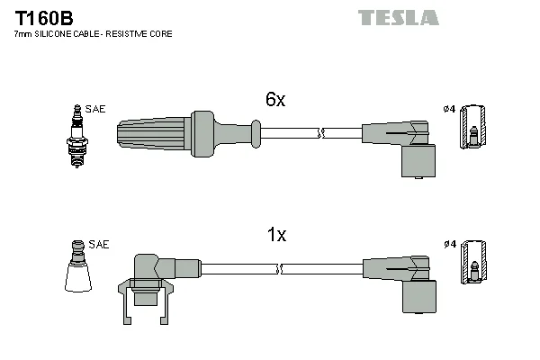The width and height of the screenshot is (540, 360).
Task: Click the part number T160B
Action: (44, 18)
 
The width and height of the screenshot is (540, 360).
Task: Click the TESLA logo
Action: (399, 18)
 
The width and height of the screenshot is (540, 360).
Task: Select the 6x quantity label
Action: (275, 99)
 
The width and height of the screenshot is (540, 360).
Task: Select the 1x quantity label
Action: (276, 235)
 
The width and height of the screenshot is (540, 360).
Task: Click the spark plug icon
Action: (77, 137)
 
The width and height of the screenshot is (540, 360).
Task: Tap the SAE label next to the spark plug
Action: (95, 109)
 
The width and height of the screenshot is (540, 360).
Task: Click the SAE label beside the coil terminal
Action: (98, 244)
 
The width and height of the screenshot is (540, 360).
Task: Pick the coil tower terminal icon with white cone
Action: (78, 266)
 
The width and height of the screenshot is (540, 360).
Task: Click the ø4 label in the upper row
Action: (449, 109)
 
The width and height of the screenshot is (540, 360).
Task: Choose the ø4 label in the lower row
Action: (450, 244)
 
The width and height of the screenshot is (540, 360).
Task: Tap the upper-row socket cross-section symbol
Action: (472, 127)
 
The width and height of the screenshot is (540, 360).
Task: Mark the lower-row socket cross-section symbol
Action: (473, 262)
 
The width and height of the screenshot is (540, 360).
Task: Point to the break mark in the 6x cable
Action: (321, 133)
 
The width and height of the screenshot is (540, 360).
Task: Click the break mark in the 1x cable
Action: (279, 269)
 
